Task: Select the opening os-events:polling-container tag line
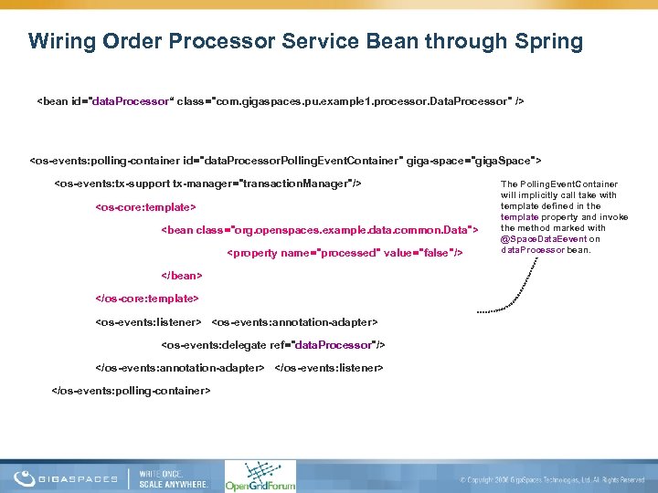[x=286, y=161]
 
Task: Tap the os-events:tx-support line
[x=208, y=184]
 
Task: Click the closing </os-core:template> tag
[x=147, y=298]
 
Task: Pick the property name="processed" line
[x=345, y=252]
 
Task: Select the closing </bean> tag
[x=181, y=275]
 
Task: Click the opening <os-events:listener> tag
[x=148, y=321]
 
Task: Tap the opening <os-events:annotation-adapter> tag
[x=294, y=321]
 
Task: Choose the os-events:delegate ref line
[x=273, y=344]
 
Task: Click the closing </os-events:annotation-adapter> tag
[x=180, y=367]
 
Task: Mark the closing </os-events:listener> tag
[x=329, y=367]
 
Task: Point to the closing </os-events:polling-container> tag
[x=133, y=390]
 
